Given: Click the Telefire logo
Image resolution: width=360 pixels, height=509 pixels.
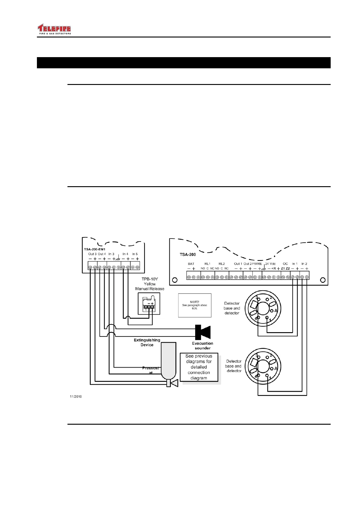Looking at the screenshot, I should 54,29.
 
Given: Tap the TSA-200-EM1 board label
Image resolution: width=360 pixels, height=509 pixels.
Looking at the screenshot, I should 94,249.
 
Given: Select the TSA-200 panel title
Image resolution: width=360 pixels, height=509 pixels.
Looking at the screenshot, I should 188,254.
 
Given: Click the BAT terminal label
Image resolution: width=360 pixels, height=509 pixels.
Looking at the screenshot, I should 191,264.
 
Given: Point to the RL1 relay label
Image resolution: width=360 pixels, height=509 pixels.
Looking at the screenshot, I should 207,264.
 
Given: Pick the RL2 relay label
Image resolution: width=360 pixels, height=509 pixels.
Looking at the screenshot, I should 221,264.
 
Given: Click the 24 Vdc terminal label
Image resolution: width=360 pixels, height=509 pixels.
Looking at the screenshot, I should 270,264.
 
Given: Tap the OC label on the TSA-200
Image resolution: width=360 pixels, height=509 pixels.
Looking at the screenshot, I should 285,264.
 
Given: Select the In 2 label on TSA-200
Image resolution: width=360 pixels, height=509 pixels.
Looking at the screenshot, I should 304,264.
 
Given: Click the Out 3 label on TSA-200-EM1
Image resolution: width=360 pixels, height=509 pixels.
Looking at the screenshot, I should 92,254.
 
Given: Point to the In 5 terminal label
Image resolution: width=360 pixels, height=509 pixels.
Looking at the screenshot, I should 135,254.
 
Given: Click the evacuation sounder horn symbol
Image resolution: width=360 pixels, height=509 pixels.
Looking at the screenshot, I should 203,332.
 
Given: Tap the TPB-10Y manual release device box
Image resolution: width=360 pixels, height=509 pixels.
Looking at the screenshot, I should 149,303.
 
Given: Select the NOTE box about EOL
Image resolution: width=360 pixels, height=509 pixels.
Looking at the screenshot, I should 195,305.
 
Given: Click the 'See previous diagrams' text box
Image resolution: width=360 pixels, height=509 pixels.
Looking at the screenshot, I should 199,367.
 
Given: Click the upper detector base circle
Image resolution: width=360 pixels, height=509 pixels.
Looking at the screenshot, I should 263,309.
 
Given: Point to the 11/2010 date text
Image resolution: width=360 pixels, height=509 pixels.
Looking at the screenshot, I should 76,397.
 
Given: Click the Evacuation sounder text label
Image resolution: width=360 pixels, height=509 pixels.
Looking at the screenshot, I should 202,346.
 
